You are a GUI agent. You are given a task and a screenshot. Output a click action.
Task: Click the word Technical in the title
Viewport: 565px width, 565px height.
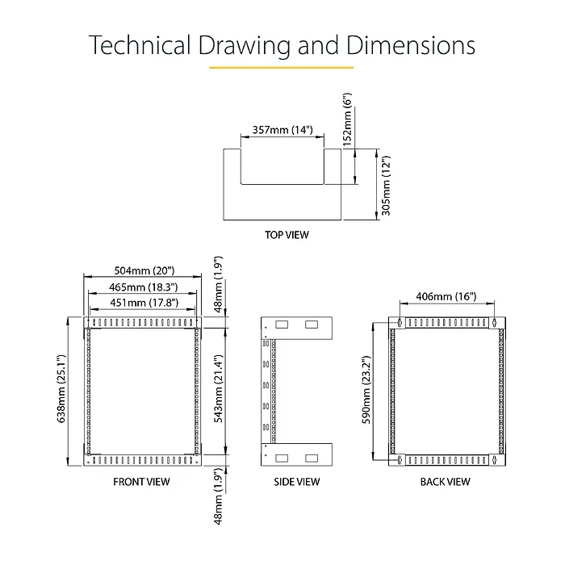coord(140,45)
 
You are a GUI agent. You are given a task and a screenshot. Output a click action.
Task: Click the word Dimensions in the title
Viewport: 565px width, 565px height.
coord(411,45)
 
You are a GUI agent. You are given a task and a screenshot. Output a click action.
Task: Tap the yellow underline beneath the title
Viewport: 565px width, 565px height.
coord(281,67)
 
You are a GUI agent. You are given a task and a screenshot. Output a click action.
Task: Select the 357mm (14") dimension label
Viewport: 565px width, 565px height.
coord(282,130)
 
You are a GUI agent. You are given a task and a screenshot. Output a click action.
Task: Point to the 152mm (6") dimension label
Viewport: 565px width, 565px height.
coord(347,119)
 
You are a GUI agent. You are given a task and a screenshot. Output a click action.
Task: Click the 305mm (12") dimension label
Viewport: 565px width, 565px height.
coord(386,186)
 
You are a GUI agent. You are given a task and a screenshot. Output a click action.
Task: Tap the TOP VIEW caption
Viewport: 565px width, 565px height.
coord(287,235)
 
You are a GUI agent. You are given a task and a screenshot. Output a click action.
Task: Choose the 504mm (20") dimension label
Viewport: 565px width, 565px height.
coord(144,270)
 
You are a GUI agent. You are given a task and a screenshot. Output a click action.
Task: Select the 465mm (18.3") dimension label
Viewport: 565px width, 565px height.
coord(144,287)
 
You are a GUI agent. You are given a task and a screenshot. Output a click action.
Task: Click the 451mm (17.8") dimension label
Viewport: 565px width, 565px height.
coord(144,303)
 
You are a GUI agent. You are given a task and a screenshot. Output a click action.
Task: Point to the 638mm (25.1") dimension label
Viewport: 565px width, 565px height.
coord(61,388)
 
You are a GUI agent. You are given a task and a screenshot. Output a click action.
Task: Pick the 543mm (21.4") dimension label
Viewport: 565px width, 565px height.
coord(219,388)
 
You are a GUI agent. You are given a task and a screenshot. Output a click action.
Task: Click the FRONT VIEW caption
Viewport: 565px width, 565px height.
coord(141,482)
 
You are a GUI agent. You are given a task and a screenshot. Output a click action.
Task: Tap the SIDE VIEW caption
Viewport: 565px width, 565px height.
coord(296,482)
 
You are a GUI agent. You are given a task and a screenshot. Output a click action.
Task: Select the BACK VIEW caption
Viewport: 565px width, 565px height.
coord(445,482)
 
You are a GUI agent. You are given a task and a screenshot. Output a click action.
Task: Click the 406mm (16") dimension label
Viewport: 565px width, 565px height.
coord(446,296)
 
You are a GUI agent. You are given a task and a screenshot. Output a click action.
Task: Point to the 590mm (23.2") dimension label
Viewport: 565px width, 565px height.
coord(366,390)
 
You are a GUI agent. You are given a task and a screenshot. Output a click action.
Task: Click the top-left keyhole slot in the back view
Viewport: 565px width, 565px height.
coord(400,323)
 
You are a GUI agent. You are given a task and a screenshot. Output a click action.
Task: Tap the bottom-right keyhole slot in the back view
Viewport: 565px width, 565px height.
coord(494,459)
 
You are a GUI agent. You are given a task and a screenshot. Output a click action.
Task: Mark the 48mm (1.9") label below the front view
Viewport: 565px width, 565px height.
coord(219,496)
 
